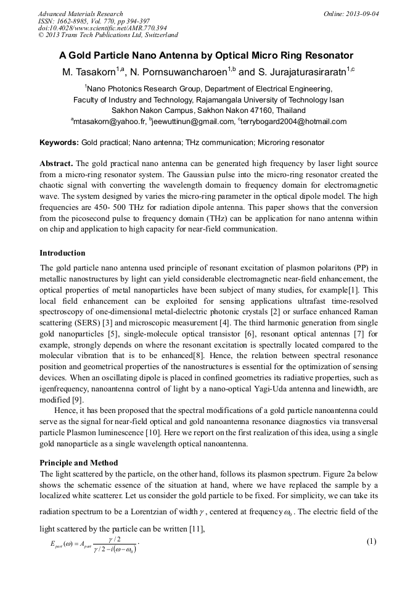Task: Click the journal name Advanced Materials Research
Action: click(80, 14)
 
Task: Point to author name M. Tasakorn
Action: click(89, 73)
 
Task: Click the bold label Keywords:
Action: click(59, 143)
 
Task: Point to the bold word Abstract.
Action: click(56, 164)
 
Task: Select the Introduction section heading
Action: click(62, 253)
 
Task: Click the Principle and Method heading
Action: click(78, 462)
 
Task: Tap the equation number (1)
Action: click(371, 542)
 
